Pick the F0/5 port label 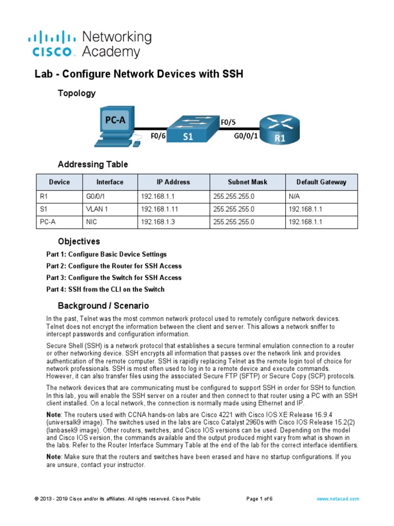[229, 122]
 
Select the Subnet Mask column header [247, 182]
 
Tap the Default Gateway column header [321, 182]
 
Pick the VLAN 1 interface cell [97, 210]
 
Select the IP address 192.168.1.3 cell [157, 222]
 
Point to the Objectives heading [79, 241]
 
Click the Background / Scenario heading [103, 306]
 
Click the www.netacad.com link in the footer [338, 499]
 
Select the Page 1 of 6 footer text [260, 499]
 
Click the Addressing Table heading [93, 165]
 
